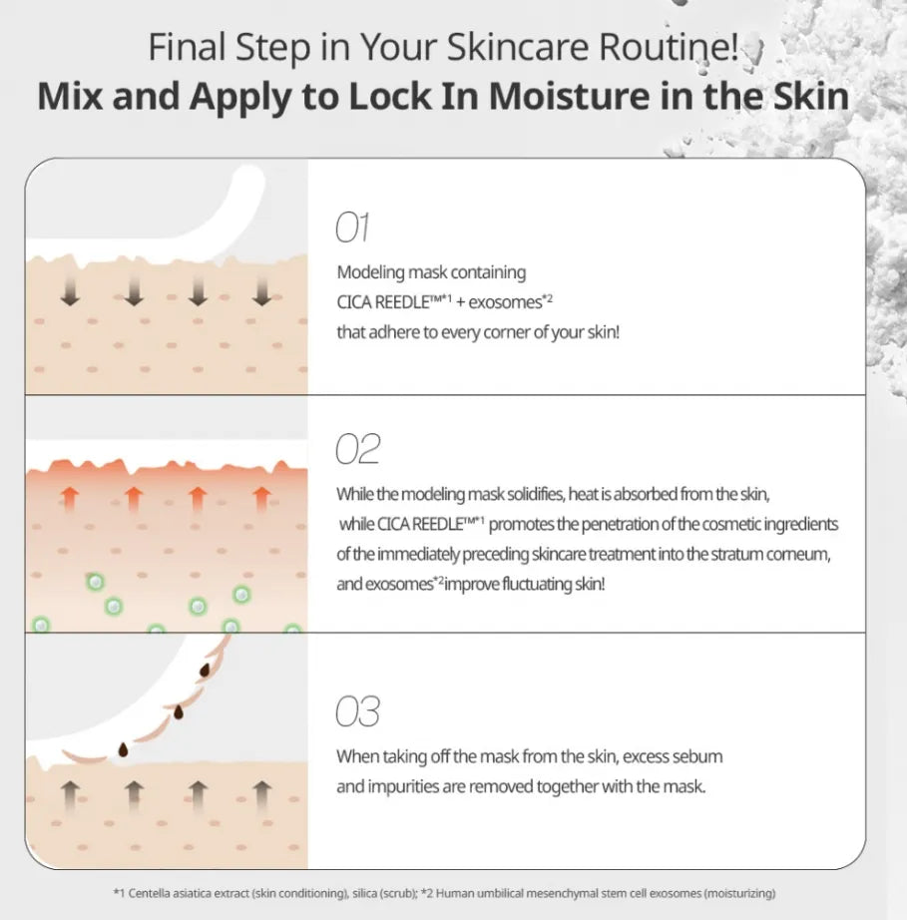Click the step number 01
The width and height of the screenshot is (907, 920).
click(352, 228)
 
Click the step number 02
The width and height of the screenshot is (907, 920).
click(358, 449)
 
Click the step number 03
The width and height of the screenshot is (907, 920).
click(358, 711)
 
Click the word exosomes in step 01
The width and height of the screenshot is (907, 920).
click(506, 302)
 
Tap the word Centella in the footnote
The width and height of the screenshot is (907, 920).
click(148, 893)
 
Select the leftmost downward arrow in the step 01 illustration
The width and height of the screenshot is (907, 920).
click(70, 291)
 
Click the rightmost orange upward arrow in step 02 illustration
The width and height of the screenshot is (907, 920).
click(261, 499)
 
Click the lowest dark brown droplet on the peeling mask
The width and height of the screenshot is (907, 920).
click(123, 749)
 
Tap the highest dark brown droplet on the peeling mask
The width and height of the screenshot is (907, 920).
click(205, 671)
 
